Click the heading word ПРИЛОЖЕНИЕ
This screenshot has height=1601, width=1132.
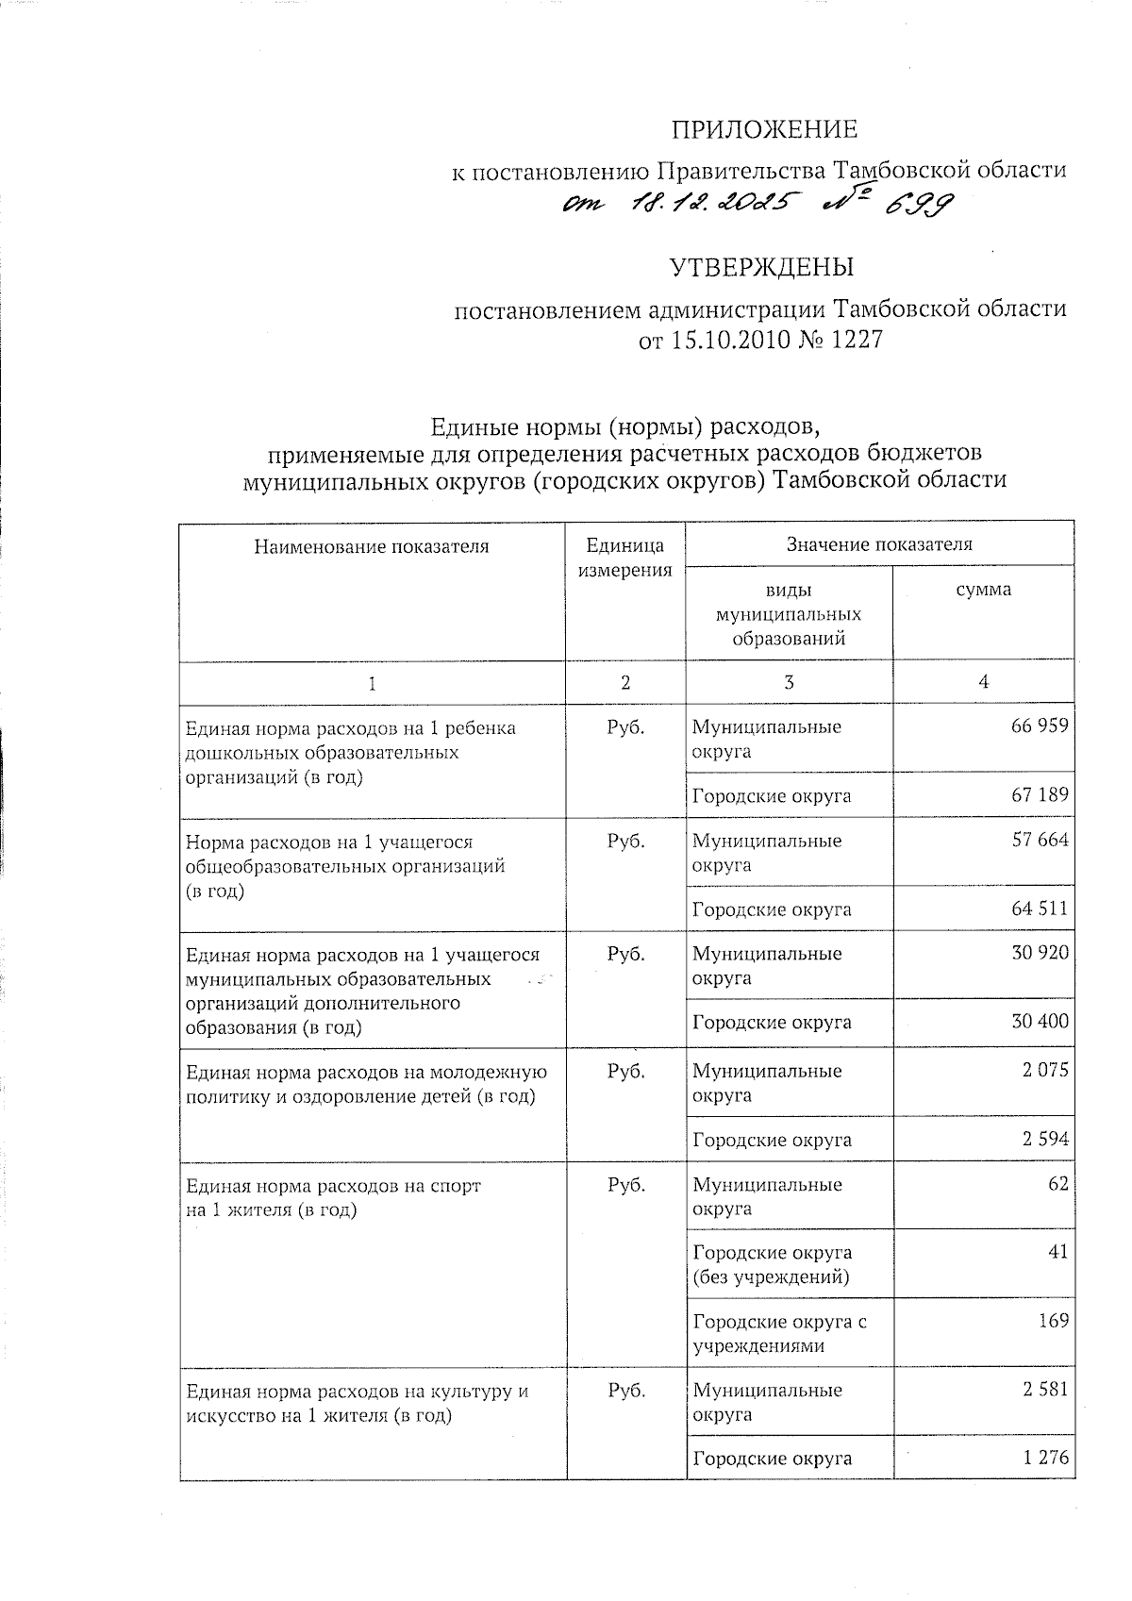pos(764,129)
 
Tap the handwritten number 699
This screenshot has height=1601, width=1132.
pos(913,205)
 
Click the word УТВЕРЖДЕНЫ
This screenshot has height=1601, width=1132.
pos(762,268)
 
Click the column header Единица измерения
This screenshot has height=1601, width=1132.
pos(624,558)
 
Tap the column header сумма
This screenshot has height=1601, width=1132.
pos(983,590)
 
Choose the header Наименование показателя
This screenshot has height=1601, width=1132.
pos(372,545)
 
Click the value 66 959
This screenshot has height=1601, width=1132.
pos(1040,726)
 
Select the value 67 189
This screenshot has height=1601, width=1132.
pos(1040,794)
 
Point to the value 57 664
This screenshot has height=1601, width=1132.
pos(1040,840)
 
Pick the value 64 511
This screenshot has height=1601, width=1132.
pos(1040,909)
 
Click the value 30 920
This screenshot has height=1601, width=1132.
pos(1040,953)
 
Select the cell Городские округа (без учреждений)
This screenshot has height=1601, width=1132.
pos(772,1265)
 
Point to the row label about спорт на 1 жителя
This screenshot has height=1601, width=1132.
pos(333,1197)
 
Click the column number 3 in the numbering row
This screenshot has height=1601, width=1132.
pos(789,682)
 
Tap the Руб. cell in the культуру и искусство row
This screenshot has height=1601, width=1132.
pos(625,1391)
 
